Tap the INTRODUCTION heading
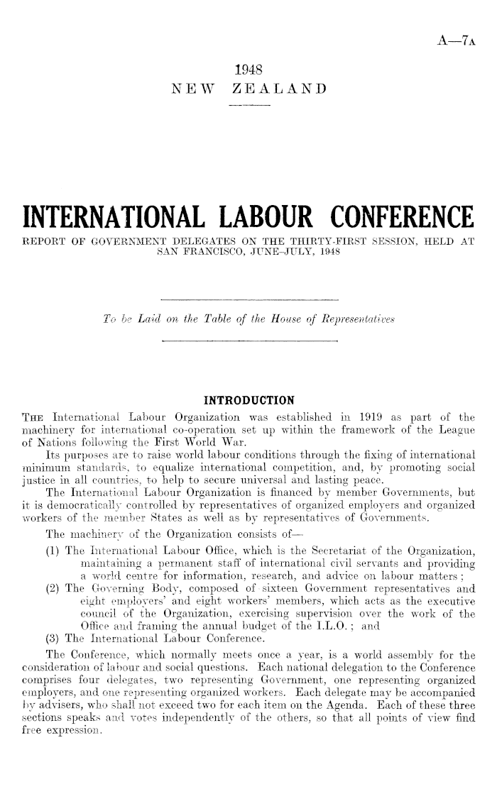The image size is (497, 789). pos(248,397)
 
